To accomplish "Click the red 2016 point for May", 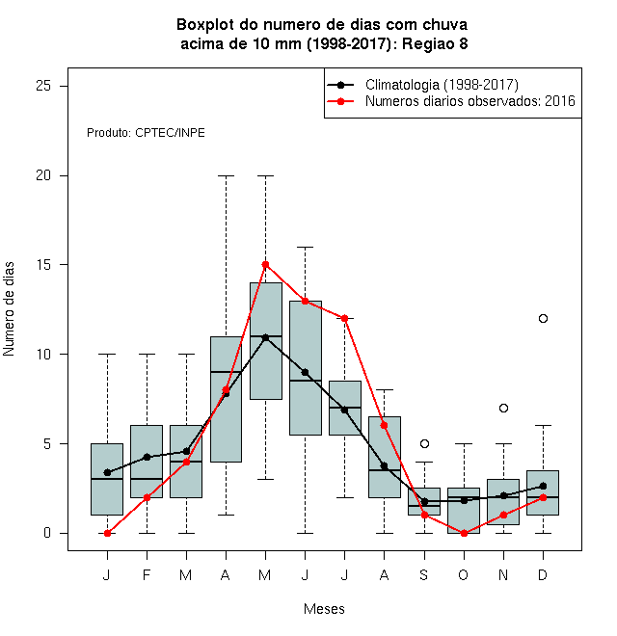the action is point(265,265).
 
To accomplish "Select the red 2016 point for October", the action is point(464,534).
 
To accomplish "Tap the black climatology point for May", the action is point(265,337).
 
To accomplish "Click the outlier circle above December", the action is point(543,318).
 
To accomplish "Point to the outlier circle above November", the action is point(503,408).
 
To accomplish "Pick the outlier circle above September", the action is point(424,443).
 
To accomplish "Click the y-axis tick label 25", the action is point(43,86).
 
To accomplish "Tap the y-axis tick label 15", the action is point(43,264).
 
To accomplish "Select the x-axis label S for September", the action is point(424,574).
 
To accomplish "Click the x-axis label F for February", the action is point(147,574).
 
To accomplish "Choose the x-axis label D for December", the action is point(543,574).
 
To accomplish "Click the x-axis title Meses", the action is point(324,609).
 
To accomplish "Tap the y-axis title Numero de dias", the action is point(9,309).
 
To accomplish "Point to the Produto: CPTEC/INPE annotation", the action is point(146,133).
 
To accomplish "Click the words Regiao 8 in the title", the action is point(435,43).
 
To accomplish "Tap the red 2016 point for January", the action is point(107,534).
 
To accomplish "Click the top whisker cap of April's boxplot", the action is point(227,176).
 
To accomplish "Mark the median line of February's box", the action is point(147,479).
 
